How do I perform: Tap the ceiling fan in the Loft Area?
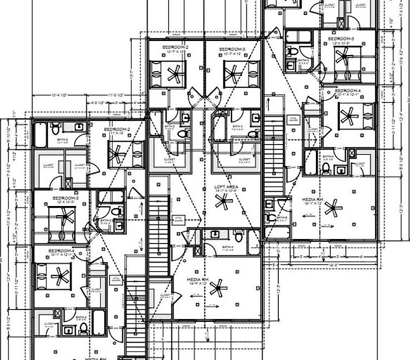coord(222,201)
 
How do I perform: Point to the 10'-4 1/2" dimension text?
coord(59,94)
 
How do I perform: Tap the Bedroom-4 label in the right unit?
coord(346,91)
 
